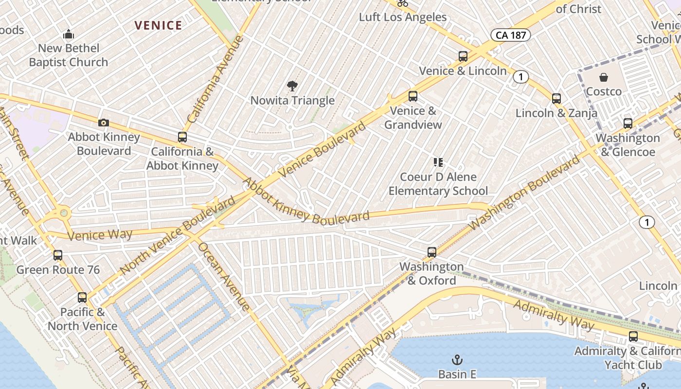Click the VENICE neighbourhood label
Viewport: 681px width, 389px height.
[x=158, y=25]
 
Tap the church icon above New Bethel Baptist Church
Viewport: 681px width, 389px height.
[x=69, y=35]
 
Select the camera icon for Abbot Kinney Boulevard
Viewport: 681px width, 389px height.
[x=104, y=123]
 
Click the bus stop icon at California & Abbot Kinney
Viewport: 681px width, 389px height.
[x=182, y=137]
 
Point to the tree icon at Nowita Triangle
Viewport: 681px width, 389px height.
[x=292, y=87]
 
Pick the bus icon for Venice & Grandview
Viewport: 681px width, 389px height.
[x=413, y=96]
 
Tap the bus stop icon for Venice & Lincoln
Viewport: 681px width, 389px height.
[x=463, y=56]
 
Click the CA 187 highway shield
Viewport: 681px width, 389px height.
[x=510, y=35]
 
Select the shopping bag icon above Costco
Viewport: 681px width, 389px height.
[x=604, y=77]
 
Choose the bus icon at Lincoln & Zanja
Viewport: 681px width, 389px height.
[x=556, y=99]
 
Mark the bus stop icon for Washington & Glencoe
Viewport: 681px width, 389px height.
[x=628, y=124]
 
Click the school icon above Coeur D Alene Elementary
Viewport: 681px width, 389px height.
[x=438, y=162]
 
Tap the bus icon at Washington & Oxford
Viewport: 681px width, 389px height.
[x=432, y=252]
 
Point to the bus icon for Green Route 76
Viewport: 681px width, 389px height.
[x=58, y=255]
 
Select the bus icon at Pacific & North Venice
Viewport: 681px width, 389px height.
[x=82, y=298]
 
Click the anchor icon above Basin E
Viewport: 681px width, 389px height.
[x=457, y=360]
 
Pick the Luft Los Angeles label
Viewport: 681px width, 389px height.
[x=403, y=17]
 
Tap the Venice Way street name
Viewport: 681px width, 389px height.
[x=100, y=235]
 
